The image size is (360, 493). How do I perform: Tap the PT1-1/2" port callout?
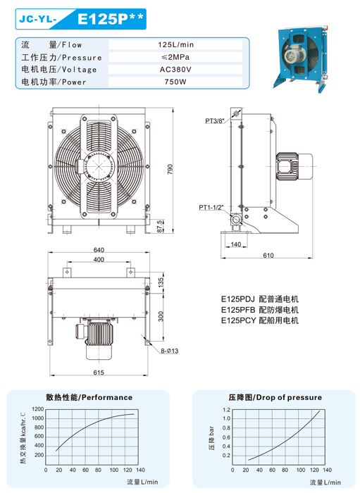pyautogui.click(x=211, y=208)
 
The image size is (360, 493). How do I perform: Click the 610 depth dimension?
pyautogui.click(x=268, y=256)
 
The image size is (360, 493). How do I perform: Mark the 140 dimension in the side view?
pyautogui.click(x=235, y=244)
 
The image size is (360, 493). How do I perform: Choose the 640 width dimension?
pyautogui.click(x=98, y=250)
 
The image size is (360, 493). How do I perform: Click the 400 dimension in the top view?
pyautogui.click(x=98, y=260)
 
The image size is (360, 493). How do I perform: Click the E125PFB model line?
pyautogui.click(x=260, y=310)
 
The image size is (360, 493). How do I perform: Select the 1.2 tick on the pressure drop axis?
pyautogui.click(x=226, y=409)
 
